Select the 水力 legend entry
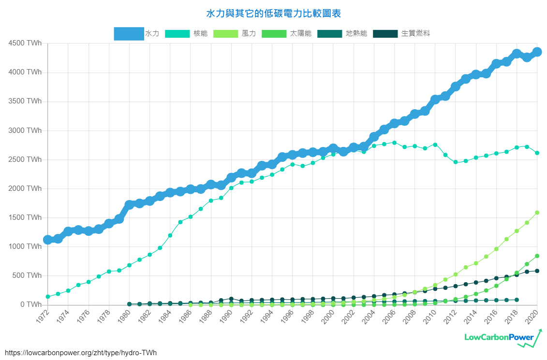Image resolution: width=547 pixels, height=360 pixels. click(136, 33)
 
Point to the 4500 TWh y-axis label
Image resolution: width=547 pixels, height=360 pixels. click(25, 43)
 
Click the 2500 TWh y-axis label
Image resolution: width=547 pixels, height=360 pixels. click(25, 159)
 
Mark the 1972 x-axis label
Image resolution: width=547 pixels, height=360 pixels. click(43, 316)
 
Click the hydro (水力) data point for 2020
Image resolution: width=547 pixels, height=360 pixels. click(537, 52)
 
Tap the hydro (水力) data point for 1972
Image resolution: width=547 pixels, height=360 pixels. click(48, 240)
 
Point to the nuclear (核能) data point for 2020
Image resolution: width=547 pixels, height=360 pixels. click(537, 153)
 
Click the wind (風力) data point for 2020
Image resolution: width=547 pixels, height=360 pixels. click(537, 213)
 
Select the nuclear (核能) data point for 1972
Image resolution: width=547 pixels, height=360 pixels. click(48, 297)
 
